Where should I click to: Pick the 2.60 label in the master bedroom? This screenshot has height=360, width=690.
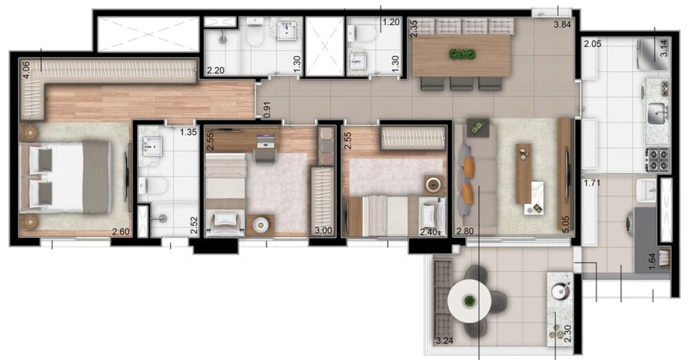[x=121, y=232]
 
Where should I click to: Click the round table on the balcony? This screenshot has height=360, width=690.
[x=470, y=301]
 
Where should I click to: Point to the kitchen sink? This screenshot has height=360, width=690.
[x=656, y=112]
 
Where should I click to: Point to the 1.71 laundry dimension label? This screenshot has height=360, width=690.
[x=593, y=183]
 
